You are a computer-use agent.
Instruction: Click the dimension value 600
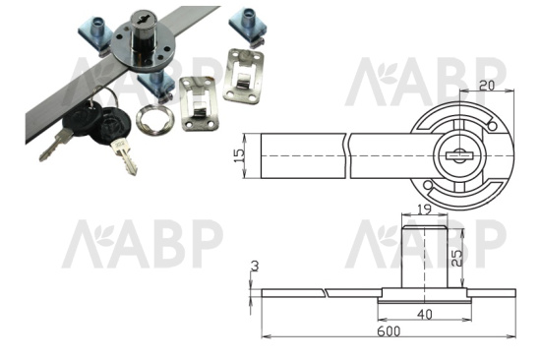(389, 331)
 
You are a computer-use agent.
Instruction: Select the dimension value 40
(424, 315)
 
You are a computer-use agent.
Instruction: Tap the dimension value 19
(424, 210)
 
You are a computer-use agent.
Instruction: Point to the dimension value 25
(456, 258)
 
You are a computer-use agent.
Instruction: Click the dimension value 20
(487, 85)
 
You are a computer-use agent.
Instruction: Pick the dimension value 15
(239, 155)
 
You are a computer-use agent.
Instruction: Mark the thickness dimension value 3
(255, 267)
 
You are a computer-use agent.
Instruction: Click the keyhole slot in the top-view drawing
(459, 156)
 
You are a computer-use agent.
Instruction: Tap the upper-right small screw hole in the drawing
(493, 127)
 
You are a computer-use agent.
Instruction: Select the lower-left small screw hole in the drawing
(427, 185)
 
